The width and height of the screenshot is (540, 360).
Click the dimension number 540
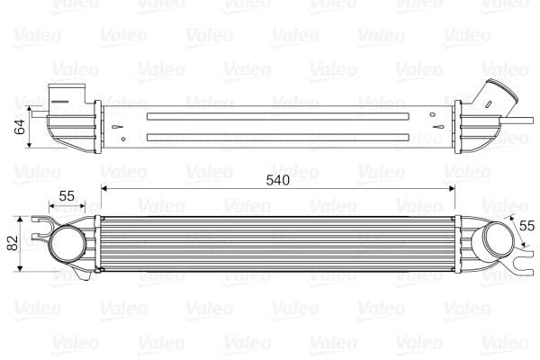tap(277, 180)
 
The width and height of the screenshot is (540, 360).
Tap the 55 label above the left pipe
tap(67, 196)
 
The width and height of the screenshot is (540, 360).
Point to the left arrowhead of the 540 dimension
tap(104, 189)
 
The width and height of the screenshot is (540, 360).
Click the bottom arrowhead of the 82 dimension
tap(20, 270)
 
